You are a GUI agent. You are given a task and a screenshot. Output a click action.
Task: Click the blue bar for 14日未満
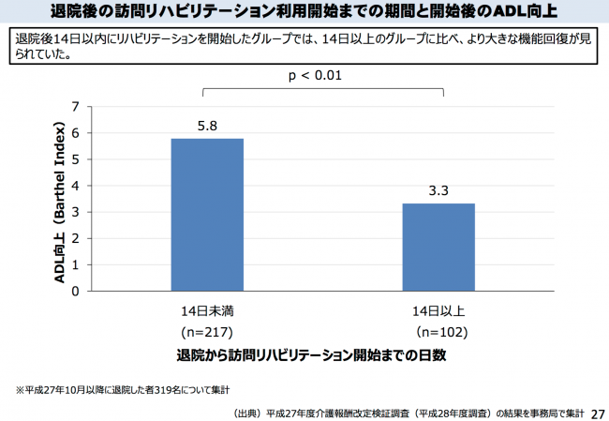coord(207,215)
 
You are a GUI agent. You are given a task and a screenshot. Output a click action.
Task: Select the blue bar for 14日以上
coord(438,247)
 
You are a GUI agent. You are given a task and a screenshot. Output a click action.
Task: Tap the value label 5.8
coord(207,125)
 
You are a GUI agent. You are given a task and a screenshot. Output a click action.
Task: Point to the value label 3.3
coord(438,190)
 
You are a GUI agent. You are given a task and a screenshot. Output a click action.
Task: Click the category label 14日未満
coord(207,310)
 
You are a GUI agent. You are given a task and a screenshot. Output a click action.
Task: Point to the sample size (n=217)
coord(207,332)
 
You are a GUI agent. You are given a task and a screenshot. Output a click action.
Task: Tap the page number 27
coord(598,412)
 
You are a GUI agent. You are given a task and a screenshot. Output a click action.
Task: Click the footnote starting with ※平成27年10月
coord(122,389)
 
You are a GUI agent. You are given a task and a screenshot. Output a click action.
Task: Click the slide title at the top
coord(304,11)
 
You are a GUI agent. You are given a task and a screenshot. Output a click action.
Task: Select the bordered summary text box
coord(304,47)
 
